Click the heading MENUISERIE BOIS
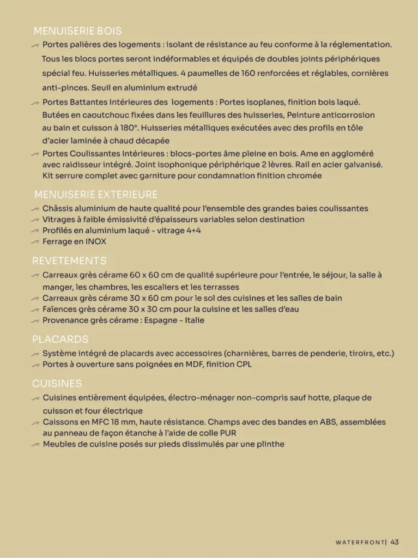(78, 31)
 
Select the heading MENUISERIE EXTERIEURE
(96, 195)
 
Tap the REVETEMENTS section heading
(69, 260)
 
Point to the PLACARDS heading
(60, 339)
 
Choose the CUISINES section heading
(57, 384)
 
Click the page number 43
(395, 542)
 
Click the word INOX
(96, 241)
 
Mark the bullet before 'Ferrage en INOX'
(36, 241)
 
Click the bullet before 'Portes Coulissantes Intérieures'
(36, 154)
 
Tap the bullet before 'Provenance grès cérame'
(36, 320)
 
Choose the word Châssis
(57, 208)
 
